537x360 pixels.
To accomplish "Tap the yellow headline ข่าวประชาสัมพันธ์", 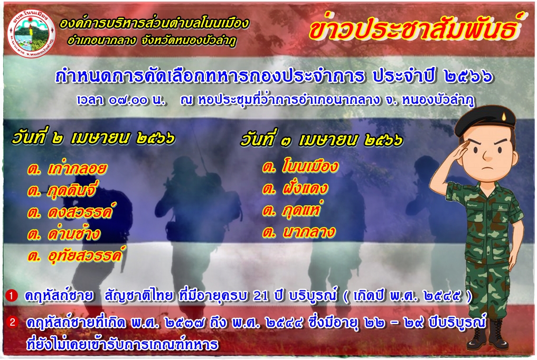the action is (x=414, y=28).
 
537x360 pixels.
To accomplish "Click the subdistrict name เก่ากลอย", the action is (x=78, y=168).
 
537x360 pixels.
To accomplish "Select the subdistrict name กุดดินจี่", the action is (x=72, y=190).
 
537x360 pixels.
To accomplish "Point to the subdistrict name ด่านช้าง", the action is (x=74, y=233).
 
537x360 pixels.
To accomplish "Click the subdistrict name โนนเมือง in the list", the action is (x=310, y=166).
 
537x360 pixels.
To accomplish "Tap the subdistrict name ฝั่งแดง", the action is (x=305, y=188).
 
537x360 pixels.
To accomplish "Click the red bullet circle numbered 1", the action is (x=11, y=295).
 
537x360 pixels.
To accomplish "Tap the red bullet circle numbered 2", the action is (x=13, y=322).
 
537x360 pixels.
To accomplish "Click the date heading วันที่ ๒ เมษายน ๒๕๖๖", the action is (x=93, y=137).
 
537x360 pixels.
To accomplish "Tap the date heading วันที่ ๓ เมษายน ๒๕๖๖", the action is (x=321, y=140).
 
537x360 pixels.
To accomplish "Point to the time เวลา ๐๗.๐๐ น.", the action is (x=121, y=100).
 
